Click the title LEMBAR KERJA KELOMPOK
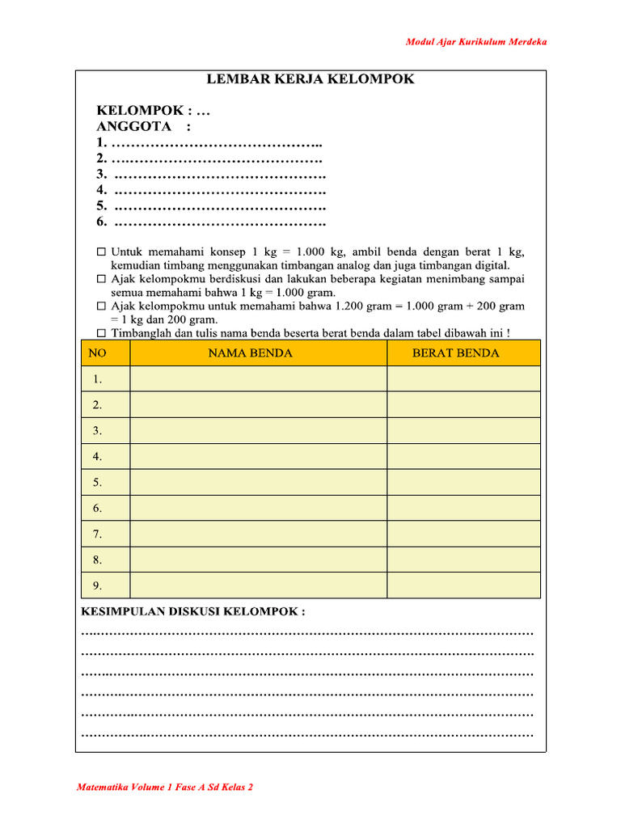coord(310,79)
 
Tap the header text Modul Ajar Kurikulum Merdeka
coord(475,41)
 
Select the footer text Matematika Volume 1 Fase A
coord(165,787)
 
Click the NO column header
coord(97,353)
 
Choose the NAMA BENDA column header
coord(251,353)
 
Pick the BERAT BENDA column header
coord(455,353)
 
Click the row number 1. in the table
coord(98,379)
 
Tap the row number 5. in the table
coord(98,483)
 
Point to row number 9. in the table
coord(98,586)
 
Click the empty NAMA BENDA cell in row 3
coord(258,431)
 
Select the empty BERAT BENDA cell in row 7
coord(463,534)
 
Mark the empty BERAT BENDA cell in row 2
coord(463,405)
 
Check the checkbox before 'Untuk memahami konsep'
coord(101,251)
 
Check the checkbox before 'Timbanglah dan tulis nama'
coord(101,334)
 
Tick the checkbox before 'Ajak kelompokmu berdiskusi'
coord(101,279)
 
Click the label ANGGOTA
coord(133,126)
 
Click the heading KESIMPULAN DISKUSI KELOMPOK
coord(192,611)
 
